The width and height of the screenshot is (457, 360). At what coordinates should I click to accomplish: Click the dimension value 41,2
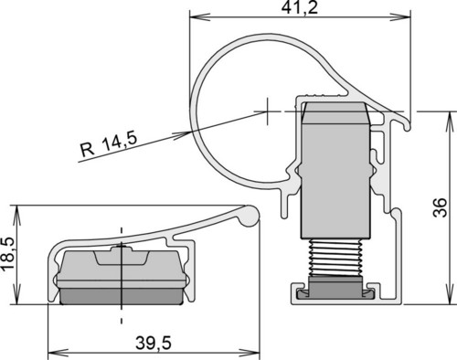pyautogui.click(x=300, y=7)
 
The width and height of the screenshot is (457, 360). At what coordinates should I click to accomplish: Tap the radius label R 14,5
pyautogui.click(x=109, y=145)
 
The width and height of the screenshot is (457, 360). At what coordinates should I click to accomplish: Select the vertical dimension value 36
pyautogui.click(x=440, y=207)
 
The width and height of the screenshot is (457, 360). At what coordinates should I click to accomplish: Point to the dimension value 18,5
pyautogui.click(x=7, y=253)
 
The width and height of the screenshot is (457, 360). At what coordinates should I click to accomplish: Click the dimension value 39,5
pyautogui.click(x=154, y=344)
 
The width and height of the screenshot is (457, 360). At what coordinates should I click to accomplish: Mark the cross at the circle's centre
pyautogui.click(x=268, y=111)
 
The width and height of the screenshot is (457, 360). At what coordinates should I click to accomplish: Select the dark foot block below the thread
pyautogui.click(x=335, y=288)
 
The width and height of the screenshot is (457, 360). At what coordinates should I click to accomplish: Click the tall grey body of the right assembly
pyautogui.click(x=335, y=181)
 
